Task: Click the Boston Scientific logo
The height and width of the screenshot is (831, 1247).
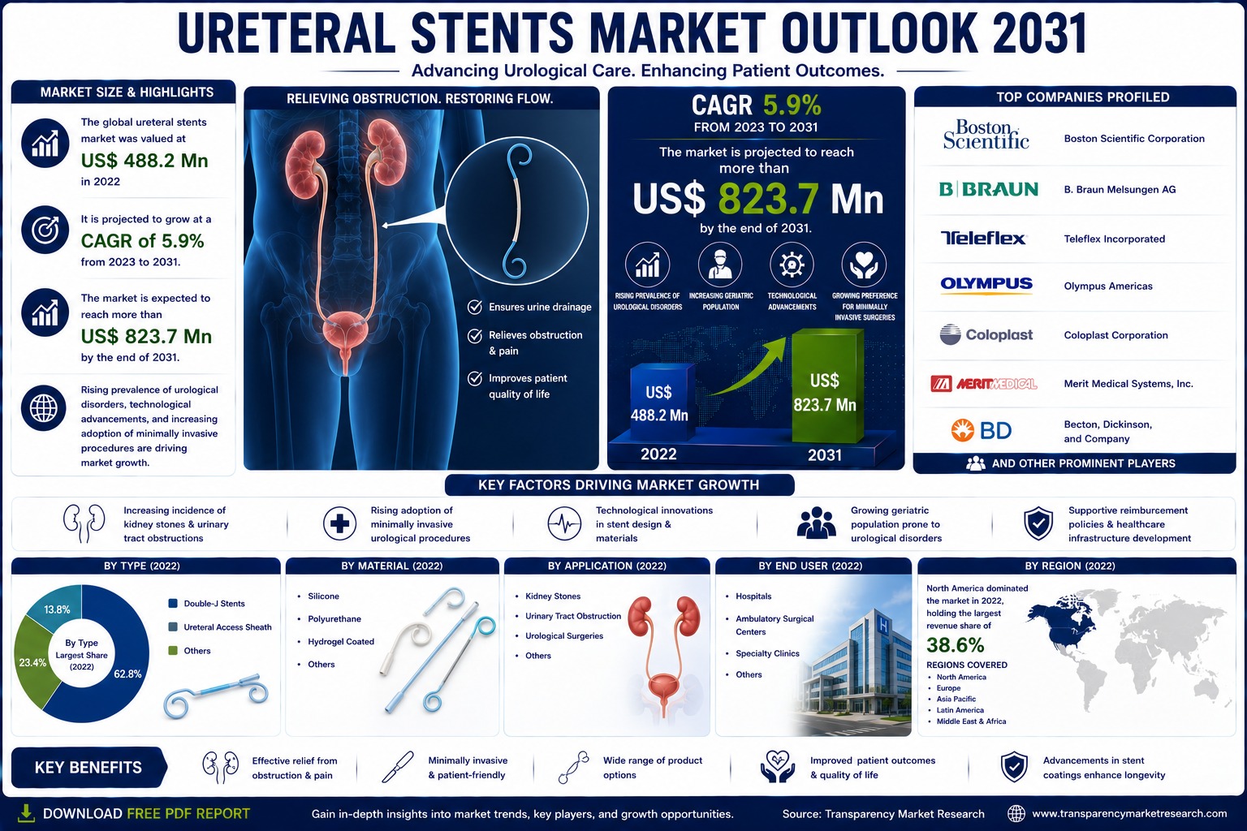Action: click(x=986, y=135)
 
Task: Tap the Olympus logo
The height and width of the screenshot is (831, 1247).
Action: click(x=986, y=284)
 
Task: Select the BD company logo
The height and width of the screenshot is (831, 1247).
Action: click(x=981, y=430)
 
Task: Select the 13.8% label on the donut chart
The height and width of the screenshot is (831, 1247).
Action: click(x=57, y=609)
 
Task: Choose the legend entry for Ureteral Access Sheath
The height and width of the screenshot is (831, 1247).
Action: click(x=220, y=627)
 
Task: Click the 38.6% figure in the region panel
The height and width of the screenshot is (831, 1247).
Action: click(x=956, y=645)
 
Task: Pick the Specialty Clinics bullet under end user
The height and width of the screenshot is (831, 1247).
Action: click(x=762, y=653)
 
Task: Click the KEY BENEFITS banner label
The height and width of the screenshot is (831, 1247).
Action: click(x=88, y=768)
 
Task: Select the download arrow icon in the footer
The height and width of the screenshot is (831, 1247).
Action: click(x=26, y=813)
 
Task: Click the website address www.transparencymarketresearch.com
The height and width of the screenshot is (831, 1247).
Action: click(x=1129, y=813)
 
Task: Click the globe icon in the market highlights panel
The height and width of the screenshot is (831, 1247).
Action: click(x=44, y=408)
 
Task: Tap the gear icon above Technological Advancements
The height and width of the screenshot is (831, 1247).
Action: click(x=792, y=265)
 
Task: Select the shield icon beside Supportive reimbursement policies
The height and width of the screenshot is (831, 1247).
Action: click(x=1038, y=523)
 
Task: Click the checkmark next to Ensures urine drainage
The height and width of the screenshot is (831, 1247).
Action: click(x=475, y=307)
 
